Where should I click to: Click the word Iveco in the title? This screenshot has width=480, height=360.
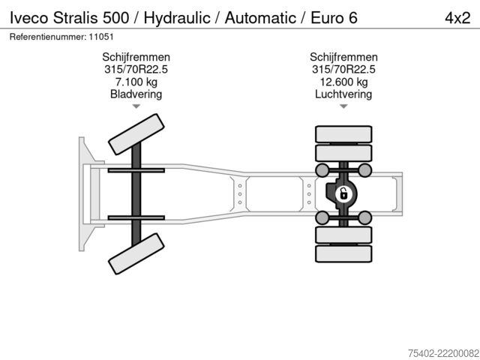[29, 18]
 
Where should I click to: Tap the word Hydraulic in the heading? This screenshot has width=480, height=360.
[177, 18]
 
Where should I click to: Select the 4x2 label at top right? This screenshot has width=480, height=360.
[457, 18]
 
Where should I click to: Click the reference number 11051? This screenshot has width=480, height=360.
[101, 37]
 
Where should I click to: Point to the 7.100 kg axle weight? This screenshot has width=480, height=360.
[136, 82]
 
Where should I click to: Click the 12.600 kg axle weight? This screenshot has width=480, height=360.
[343, 82]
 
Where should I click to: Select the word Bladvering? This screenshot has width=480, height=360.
[136, 94]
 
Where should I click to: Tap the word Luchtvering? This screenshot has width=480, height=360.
[343, 94]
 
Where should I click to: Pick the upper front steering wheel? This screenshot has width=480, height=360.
[136, 134]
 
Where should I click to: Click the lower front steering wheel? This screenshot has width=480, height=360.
[136, 253]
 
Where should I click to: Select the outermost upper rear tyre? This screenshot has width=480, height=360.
[343, 134]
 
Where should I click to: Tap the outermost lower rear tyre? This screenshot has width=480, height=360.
[343, 253]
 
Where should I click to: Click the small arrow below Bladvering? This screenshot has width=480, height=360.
[136, 106]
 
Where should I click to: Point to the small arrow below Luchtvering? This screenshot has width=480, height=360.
[343, 106]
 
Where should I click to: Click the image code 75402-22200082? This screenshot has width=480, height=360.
[443, 353]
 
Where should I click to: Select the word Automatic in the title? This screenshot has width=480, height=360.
[260, 18]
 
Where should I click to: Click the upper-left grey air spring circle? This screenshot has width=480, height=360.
[322, 170]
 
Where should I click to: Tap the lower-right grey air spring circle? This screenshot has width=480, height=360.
[364, 217]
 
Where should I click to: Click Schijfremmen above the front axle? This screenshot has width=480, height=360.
[136, 57]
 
